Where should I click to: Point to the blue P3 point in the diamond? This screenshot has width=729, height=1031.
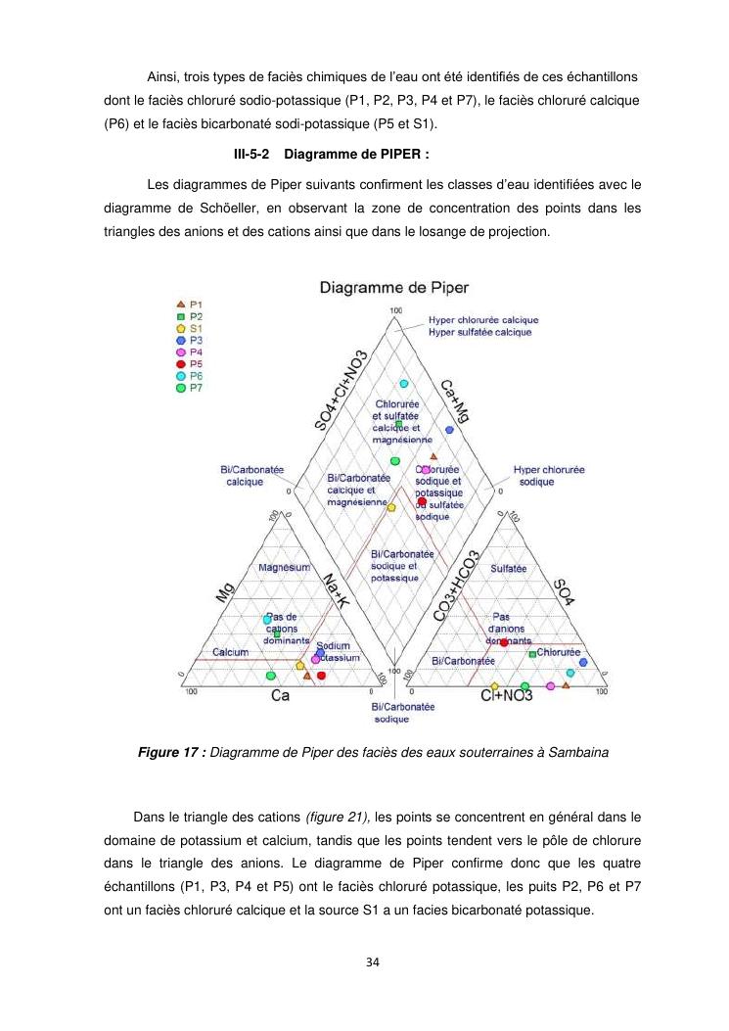[449, 430]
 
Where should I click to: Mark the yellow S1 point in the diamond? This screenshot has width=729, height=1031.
[391, 507]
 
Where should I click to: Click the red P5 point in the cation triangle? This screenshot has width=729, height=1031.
[322, 676]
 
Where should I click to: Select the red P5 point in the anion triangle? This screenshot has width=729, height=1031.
[504, 643]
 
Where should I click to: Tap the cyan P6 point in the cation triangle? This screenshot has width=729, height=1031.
[266, 620]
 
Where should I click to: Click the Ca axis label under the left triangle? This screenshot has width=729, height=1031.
[281, 695]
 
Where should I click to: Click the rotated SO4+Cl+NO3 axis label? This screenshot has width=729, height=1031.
[342, 390]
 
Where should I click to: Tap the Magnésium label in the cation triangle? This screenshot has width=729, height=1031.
[284, 568]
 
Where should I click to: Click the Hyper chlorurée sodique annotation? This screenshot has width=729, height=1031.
[549, 476]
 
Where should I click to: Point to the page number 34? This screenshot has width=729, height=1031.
[372, 962]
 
